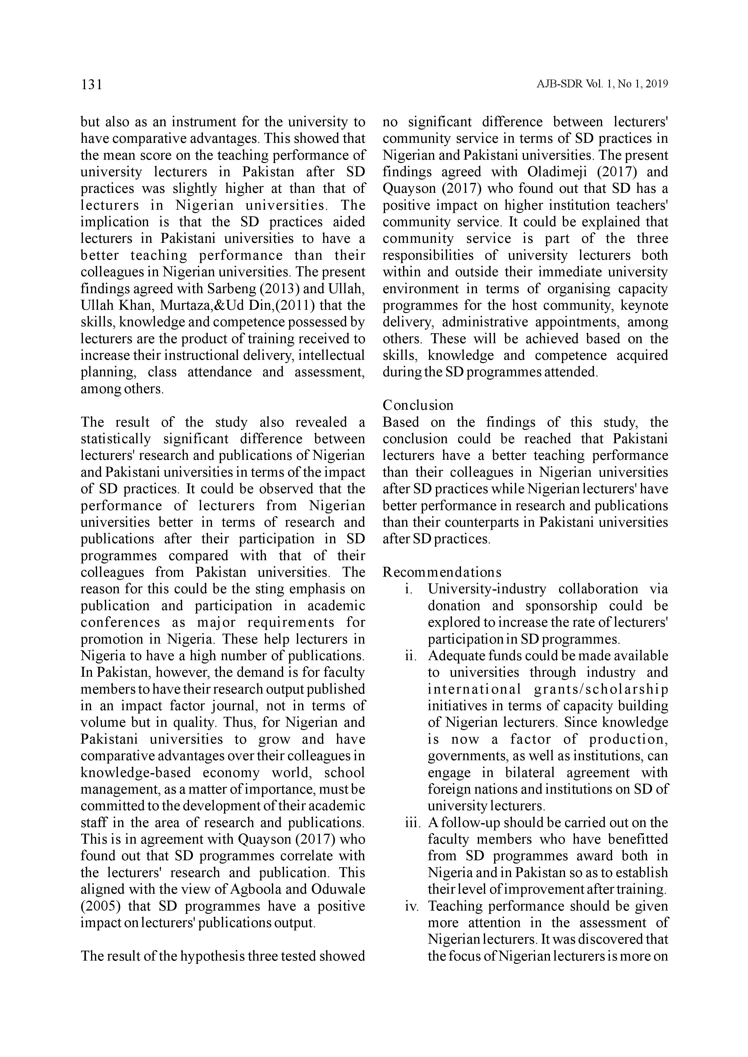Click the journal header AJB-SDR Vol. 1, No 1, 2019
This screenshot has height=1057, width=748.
602,84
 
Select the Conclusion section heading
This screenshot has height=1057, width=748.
418,405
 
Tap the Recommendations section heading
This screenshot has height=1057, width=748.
442,572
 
